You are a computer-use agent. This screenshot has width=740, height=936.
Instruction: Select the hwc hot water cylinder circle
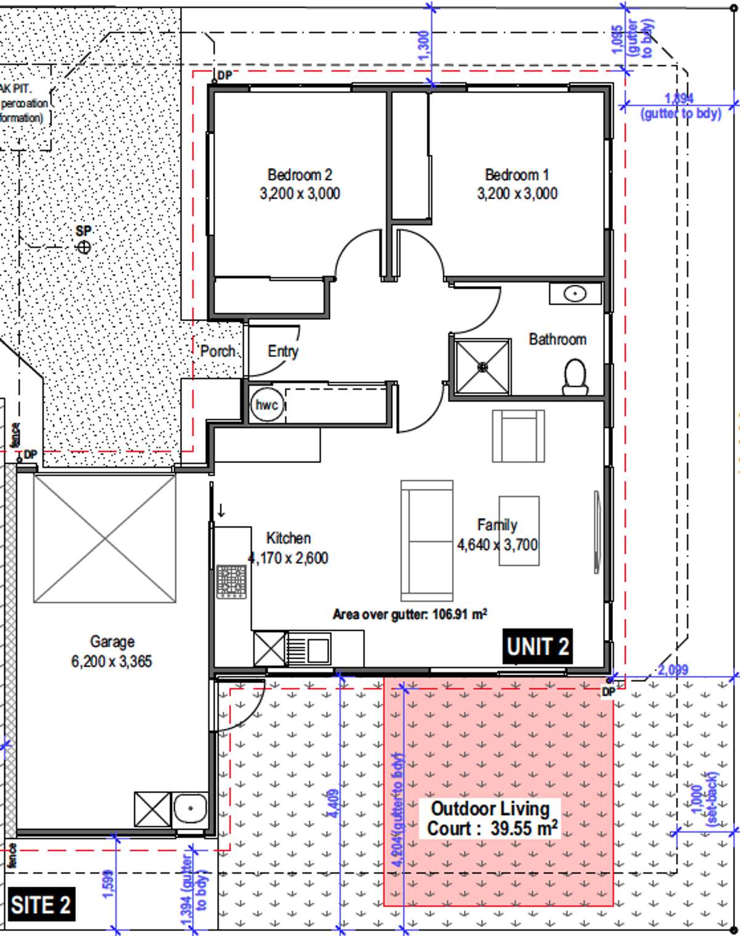point(267,405)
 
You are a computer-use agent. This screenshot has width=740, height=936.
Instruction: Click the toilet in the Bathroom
point(575,377)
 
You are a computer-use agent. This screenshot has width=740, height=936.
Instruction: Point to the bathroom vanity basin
point(575,294)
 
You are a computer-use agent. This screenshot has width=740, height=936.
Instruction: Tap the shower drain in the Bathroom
point(483,367)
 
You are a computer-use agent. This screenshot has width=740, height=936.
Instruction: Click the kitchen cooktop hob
point(231,581)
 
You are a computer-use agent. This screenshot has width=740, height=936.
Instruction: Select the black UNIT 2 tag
point(537,647)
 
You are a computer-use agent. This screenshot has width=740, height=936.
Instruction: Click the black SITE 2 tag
point(41,905)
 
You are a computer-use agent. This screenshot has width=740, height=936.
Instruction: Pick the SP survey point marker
point(84,247)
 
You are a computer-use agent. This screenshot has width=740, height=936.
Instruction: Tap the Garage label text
point(112,642)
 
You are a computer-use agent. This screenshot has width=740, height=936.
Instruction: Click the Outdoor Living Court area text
point(491,818)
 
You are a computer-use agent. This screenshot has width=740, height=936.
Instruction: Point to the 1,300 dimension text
point(424,46)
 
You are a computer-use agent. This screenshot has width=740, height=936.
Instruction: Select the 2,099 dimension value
point(673,670)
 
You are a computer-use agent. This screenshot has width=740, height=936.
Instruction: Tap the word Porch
point(218,351)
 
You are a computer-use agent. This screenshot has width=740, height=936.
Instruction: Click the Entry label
point(283,351)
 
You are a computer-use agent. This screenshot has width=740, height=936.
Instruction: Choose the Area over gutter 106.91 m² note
point(410,614)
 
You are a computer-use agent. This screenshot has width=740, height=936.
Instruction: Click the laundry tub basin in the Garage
point(190,808)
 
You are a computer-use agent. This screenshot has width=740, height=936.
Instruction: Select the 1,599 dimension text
point(107,884)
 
